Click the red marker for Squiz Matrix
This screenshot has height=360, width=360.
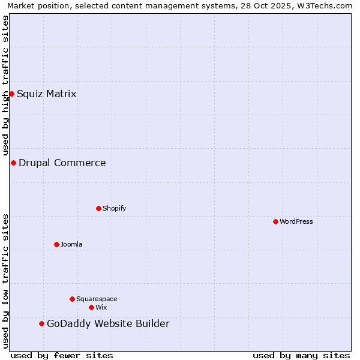click(x=11, y=94)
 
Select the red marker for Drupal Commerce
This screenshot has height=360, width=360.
click(x=13, y=163)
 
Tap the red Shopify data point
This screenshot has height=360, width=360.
click(x=98, y=208)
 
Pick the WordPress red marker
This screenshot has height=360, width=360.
click(x=275, y=221)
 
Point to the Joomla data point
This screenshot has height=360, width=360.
click(x=56, y=244)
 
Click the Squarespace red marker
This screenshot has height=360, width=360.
click(x=72, y=299)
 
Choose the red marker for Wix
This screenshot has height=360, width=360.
click(x=91, y=307)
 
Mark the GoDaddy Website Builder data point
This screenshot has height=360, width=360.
click(x=41, y=324)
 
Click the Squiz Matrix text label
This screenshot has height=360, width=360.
click(x=47, y=94)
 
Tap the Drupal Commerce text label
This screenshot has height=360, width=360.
click(x=62, y=163)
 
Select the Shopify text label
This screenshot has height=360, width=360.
click(x=114, y=208)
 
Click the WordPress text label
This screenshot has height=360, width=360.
click(x=296, y=221)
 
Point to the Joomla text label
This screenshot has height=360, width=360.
click(x=71, y=244)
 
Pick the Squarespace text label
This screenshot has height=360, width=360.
click(x=97, y=299)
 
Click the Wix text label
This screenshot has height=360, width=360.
click(x=101, y=307)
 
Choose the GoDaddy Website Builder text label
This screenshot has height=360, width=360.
click(x=108, y=324)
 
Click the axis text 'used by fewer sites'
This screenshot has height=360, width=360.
click(x=62, y=355)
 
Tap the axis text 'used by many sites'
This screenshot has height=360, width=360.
click(x=301, y=355)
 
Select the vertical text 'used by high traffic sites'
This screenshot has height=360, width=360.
click(x=5, y=85)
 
